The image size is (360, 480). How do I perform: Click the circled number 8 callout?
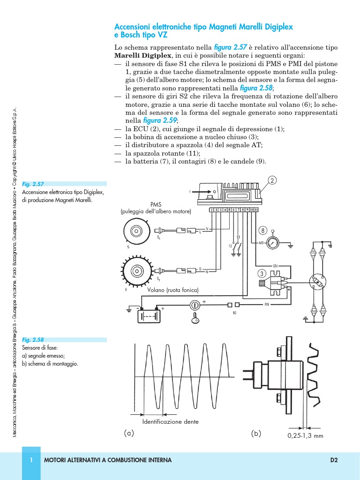(x=263, y=231)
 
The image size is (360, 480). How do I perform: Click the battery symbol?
(x=149, y=315)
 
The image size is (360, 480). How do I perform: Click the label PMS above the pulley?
(x=156, y=205)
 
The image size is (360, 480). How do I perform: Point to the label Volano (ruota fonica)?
(x=173, y=290)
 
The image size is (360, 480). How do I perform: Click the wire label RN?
(x=266, y=305)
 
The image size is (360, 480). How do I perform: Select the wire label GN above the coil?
(x=275, y=265)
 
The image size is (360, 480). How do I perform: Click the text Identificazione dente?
(x=171, y=422)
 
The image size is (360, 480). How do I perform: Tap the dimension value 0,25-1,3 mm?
(x=305, y=435)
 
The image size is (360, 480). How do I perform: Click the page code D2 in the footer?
(x=334, y=460)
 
